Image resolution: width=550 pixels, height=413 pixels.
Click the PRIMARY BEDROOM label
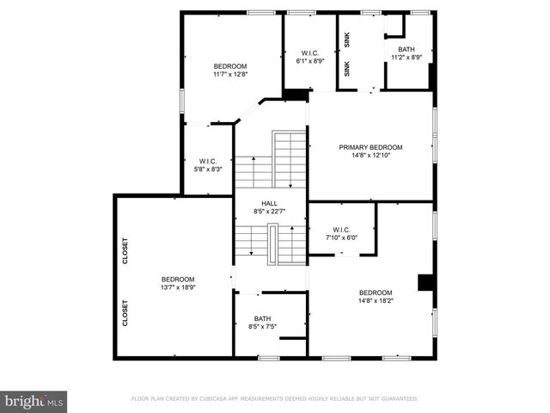coord(370,147)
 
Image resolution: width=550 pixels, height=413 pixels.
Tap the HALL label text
coord(269,203)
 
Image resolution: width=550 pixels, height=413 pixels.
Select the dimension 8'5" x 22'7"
coord(269,212)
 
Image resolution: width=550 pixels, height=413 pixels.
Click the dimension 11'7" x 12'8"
coord(230,75)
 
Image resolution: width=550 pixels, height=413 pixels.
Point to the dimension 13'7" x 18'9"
coord(178,288)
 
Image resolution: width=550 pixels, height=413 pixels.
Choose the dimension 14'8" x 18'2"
coord(376,301)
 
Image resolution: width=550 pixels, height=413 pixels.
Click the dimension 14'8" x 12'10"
coord(370,156)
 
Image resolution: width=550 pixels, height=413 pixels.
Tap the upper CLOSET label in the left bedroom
coord(125,251)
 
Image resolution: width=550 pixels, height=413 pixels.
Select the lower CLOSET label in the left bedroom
coord(125,311)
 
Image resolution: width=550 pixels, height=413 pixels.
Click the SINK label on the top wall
coord(348,40)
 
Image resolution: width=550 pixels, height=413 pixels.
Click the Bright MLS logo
coord(34,401)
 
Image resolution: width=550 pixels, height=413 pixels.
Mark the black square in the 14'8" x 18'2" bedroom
coord(425,282)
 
